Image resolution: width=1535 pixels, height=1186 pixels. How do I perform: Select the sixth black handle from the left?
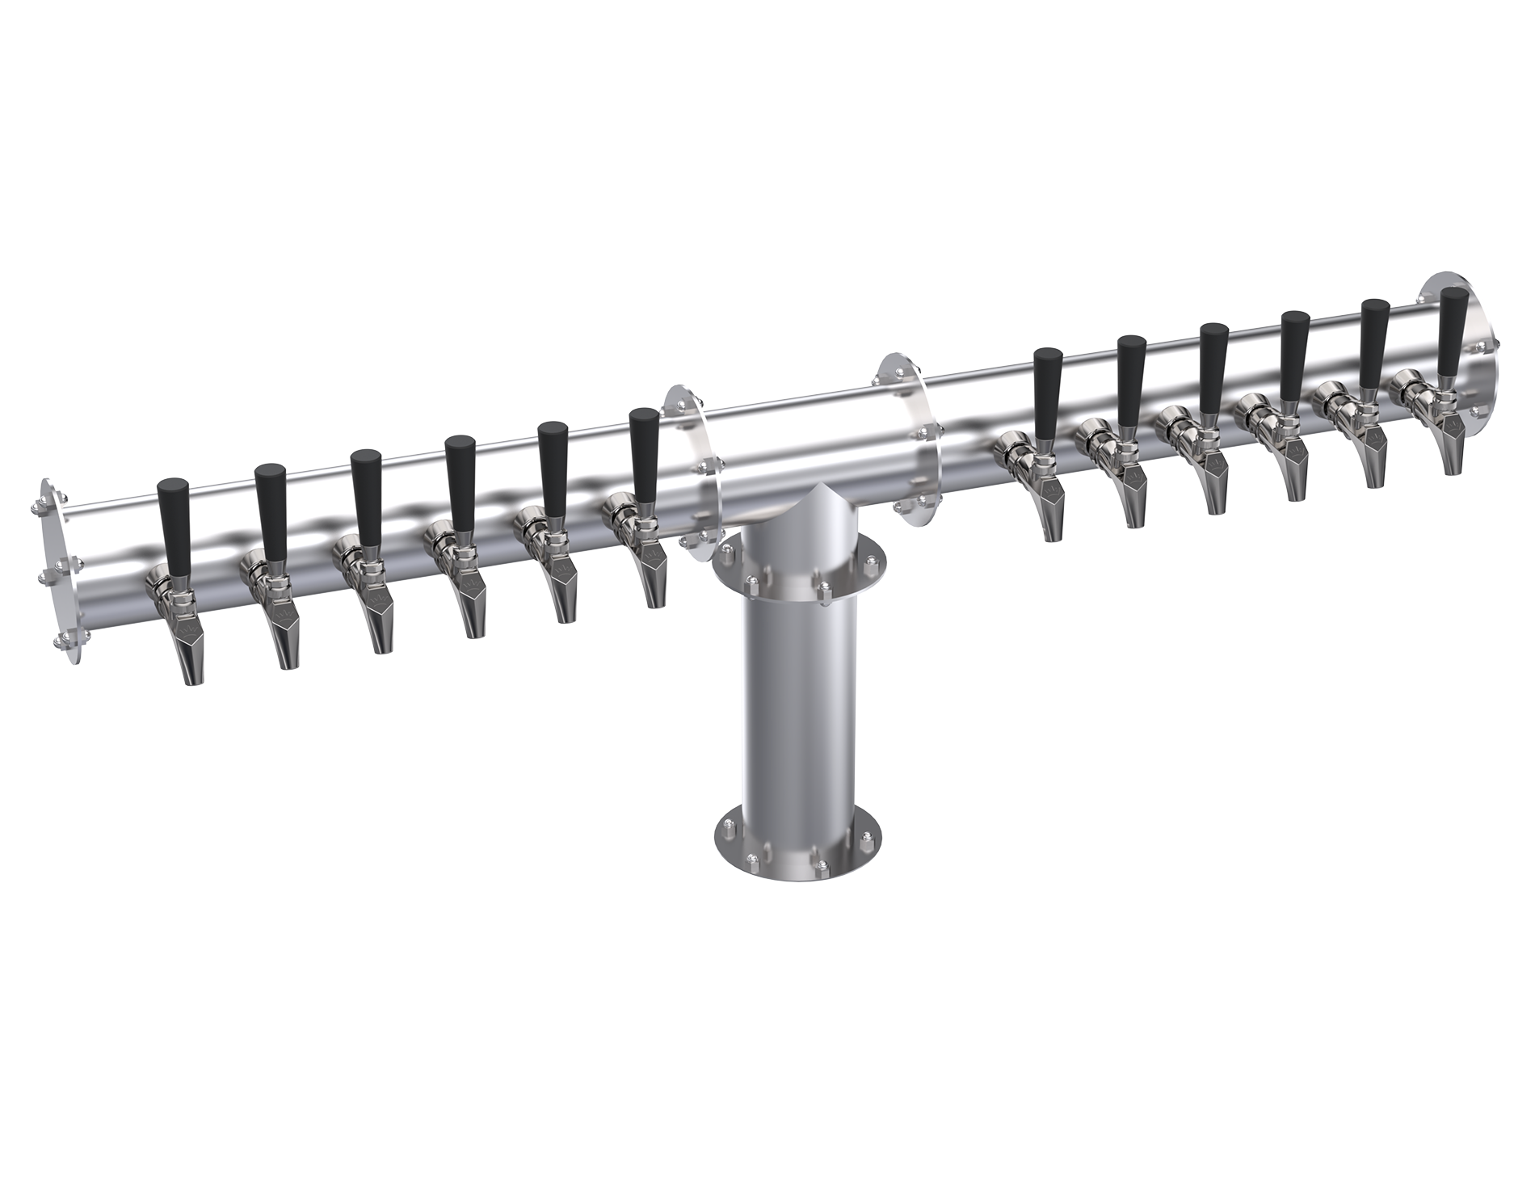point(645,449)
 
